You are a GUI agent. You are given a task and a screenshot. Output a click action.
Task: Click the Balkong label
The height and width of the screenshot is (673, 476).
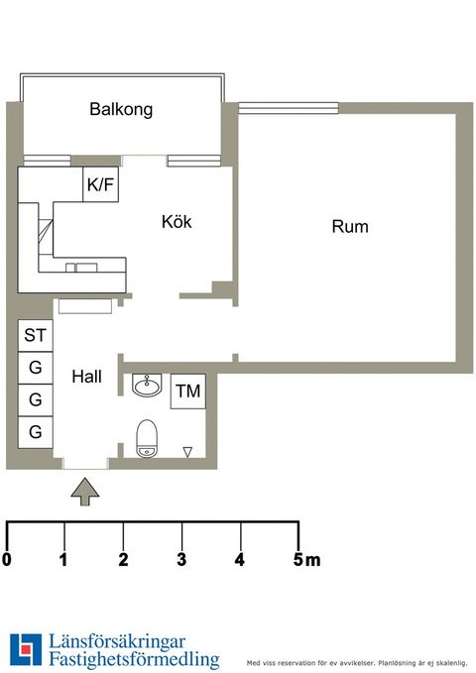tap(121, 109)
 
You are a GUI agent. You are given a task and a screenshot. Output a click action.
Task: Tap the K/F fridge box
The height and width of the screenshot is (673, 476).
tap(100, 184)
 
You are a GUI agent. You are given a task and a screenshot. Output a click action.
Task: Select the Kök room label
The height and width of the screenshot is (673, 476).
tap(177, 221)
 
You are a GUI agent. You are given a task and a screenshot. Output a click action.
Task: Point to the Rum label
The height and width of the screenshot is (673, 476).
tap(350, 227)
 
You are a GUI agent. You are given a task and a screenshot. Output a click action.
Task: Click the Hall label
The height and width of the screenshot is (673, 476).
tap(87, 377)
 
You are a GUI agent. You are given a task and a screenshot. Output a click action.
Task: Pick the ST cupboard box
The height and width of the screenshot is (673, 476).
tap(36, 335)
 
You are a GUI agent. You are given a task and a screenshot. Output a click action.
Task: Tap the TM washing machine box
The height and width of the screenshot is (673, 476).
tap(188, 391)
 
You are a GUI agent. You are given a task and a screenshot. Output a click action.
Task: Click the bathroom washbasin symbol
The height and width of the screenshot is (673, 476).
tap(147, 385)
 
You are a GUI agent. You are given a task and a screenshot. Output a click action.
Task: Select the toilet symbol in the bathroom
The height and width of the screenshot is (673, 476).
tap(147, 439)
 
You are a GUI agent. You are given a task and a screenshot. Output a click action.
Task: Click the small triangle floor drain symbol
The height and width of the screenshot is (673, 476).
tap(187, 452)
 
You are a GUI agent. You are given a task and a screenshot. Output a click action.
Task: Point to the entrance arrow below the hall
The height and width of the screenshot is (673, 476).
tap(85, 492)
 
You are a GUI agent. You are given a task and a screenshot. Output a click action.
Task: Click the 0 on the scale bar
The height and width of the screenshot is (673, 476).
tap(7, 560)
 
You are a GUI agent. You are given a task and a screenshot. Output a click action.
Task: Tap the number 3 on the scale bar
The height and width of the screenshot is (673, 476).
tap(181, 560)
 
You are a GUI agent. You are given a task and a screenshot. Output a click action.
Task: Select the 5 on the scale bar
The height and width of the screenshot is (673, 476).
tap(298, 560)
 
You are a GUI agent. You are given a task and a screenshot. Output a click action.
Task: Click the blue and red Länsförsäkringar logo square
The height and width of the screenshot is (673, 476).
tap(26, 649)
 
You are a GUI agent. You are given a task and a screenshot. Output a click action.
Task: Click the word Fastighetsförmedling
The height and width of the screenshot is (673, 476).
tap(134, 659)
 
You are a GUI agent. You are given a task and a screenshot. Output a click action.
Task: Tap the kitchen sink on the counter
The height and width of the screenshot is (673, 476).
tap(81, 268)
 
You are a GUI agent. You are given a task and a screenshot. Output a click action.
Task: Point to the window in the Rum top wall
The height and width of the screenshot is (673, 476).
tap(289, 108)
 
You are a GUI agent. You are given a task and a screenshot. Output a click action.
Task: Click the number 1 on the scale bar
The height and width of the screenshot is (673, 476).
tap(64, 560)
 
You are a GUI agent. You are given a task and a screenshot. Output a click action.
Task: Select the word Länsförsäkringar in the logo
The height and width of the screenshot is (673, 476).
tap(117, 642)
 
